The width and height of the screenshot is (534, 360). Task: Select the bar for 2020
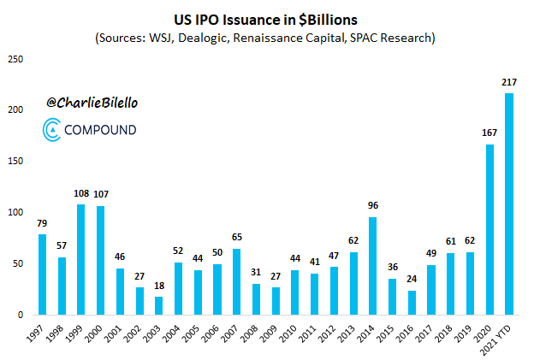click(x=489, y=229)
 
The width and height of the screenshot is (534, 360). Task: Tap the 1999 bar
click(x=81, y=259)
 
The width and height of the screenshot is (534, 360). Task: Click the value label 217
click(x=510, y=82)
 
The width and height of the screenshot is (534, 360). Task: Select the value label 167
click(x=489, y=133)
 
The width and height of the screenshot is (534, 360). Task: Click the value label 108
click(x=81, y=194)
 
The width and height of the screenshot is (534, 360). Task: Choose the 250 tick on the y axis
click(x=15, y=59)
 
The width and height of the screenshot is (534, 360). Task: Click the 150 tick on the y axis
click(x=15, y=162)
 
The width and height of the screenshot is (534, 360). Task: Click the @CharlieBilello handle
click(x=92, y=102)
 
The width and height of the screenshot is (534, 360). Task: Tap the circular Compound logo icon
click(x=53, y=131)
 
